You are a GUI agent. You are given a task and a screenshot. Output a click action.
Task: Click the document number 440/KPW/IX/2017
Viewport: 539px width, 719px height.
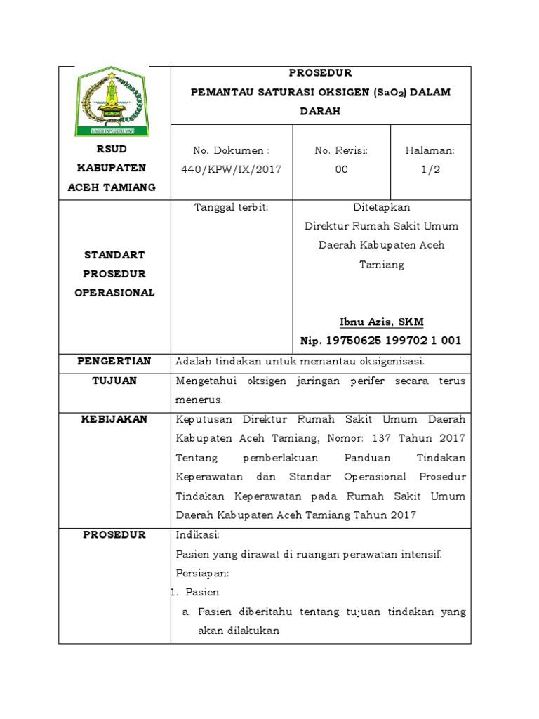tap(232, 169)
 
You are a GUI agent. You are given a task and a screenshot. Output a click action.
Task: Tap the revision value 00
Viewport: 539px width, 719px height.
tap(341, 169)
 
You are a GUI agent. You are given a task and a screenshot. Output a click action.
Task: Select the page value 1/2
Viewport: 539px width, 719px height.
tap(431, 169)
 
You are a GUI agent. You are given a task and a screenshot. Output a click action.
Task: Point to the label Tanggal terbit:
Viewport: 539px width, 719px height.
tap(231, 207)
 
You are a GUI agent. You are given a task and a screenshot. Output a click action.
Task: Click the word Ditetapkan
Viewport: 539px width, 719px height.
tap(381, 207)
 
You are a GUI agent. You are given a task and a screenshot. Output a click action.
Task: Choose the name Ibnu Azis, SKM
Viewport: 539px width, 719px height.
tap(381, 322)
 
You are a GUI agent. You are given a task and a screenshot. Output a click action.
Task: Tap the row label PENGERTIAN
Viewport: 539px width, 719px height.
tap(114, 361)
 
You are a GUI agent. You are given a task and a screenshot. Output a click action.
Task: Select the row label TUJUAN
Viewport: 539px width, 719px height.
tap(114, 381)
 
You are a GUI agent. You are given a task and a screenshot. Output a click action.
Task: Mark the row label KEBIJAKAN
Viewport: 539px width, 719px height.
tap(114, 419)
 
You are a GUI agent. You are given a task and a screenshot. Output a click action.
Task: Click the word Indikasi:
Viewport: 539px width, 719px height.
tap(198, 535)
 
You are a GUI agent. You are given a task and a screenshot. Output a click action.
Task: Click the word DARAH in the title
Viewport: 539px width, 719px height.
tap(320, 111)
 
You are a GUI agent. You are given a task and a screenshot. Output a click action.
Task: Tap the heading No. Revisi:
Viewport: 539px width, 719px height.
tap(341, 150)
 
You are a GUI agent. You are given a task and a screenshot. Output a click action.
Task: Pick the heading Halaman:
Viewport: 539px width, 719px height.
tap(431, 150)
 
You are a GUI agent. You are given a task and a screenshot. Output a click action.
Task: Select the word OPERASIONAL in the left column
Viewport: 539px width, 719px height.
tap(114, 293)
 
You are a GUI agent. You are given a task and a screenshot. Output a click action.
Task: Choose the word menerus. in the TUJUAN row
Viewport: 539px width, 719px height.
tap(199, 400)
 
